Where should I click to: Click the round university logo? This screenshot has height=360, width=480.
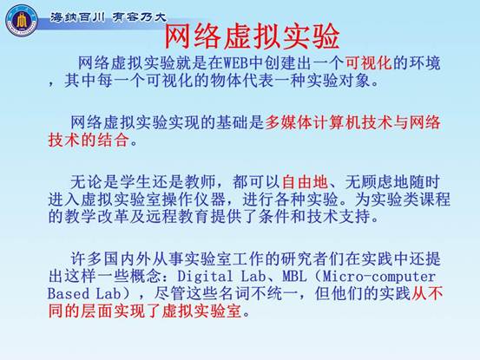pos(22,21)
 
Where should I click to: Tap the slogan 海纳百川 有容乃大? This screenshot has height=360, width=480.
pos(108,17)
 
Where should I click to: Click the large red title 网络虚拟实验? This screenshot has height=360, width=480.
pos(252,36)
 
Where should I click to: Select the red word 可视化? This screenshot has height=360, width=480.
pos(369,63)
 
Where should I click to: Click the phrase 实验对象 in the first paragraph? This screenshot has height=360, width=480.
pos(339,81)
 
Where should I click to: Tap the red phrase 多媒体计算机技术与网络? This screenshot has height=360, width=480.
pos(352,122)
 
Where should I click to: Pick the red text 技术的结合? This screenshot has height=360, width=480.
pos(89,140)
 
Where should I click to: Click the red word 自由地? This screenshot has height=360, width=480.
pos(305,182)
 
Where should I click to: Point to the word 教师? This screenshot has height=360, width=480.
pos(200,182)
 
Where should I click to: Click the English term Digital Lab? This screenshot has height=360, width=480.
pos(221,276)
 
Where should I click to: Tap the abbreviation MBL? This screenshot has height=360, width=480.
pos(294,277)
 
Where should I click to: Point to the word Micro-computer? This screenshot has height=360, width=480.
pos(379,277)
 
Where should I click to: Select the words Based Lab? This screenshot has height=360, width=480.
pos(84,293)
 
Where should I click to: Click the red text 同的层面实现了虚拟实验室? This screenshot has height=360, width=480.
pos(145,311)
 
